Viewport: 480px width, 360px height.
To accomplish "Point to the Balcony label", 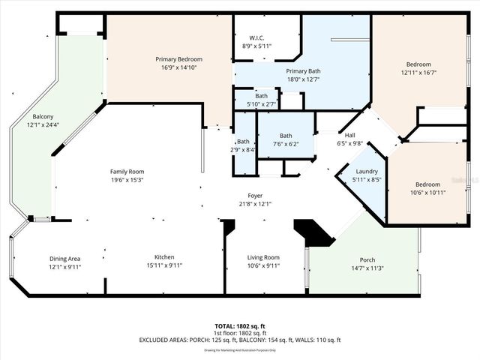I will click(x=43, y=117).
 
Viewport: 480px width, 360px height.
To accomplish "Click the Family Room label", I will click(x=127, y=172).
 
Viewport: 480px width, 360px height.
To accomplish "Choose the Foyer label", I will click(x=255, y=196).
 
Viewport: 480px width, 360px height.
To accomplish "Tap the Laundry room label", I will click(x=367, y=172).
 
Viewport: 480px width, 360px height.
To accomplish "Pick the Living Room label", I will click(x=263, y=258).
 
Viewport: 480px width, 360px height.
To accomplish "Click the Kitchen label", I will click(x=164, y=258).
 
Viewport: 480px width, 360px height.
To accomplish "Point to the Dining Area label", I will click(x=64, y=258).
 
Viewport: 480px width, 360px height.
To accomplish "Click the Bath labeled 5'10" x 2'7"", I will click(x=261, y=96).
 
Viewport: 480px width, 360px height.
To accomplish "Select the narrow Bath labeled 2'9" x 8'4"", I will click(x=244, y=142).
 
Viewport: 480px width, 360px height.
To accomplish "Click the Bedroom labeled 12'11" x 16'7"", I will click(x=418, y=64).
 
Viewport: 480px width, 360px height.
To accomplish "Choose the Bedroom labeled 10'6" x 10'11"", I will click(x=428, y=184).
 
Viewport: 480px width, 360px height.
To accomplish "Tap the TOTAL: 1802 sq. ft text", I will click(x=239, y=326).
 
